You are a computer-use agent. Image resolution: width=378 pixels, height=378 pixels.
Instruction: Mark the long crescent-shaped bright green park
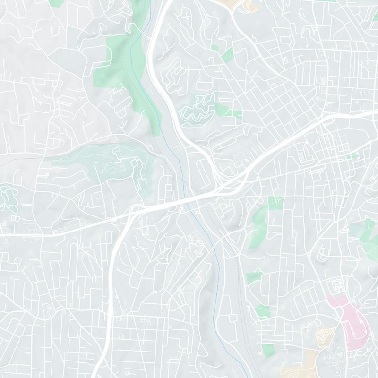(x=258, y=222)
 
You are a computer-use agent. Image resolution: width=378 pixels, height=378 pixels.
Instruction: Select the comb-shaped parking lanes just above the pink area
(x=338, y=285)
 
